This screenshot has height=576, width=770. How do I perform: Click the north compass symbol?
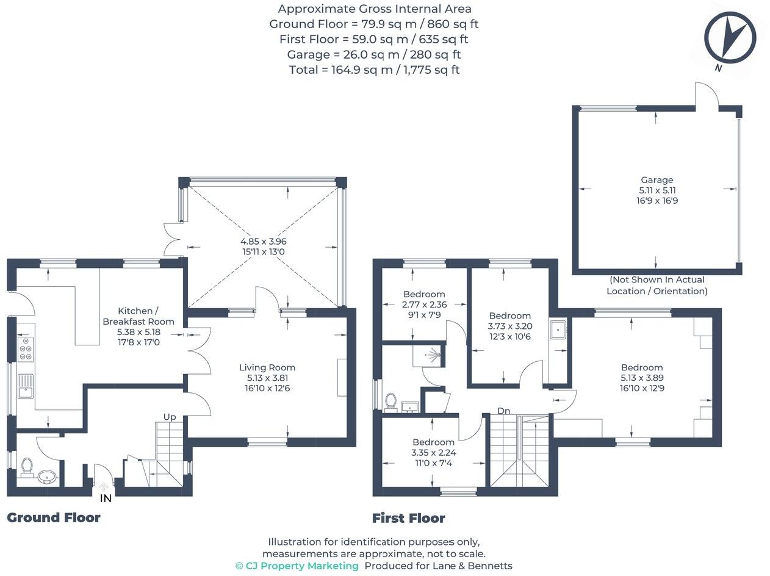[730, 37]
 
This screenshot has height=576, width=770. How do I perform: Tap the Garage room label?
[657, 180]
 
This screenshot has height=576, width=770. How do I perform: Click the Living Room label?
[267, 367]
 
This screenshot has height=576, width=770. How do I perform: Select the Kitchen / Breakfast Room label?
[139, 316]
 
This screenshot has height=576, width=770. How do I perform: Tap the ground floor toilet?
[26, 467]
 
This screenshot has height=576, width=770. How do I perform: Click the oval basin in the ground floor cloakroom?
[47, 476]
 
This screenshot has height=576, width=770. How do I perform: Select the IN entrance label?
[106, 499]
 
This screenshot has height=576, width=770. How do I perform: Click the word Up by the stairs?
[169, 417]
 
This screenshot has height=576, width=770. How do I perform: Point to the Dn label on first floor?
[503, 411]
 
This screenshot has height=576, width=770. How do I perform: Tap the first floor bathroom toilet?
[391, 401]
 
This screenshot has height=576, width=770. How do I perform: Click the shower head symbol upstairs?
[434, 353]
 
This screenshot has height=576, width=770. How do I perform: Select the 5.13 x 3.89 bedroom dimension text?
[642, 378]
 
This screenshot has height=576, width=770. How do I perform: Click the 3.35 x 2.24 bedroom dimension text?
[433, 452]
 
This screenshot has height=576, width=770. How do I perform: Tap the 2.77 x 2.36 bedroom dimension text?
[424, 304]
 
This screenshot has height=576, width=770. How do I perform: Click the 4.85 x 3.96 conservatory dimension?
[263, 241]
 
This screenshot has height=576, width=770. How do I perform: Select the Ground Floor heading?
[54, 517]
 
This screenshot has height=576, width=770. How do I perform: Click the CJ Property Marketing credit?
[297, 566]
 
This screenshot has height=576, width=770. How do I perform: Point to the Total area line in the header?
[374, 70]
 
